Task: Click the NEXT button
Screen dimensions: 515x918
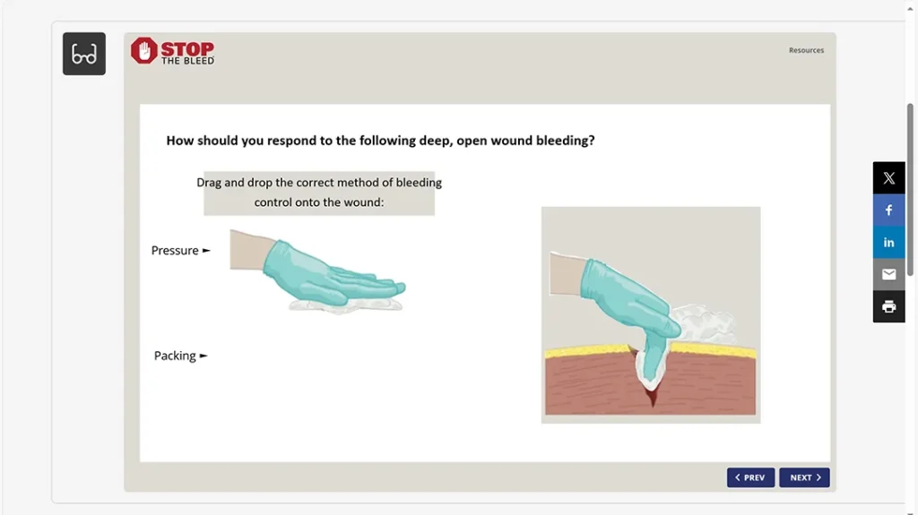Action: click(804, 477)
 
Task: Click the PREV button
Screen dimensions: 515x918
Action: click(750, 477)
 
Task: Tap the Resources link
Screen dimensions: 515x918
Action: click(806, 50)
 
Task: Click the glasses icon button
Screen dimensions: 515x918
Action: click(84, 54)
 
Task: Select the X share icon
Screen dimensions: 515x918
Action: click(888, 178)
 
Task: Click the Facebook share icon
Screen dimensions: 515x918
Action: click(888, 210)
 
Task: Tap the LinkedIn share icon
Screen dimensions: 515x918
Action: click(888, 242)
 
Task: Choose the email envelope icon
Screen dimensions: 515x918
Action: click(888, 274)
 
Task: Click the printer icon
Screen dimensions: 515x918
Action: click(888, 306)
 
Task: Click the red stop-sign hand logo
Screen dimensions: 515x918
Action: click(143, 51)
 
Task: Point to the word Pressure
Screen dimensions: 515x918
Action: click(175, 251)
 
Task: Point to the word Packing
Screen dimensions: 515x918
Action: click(175, 356)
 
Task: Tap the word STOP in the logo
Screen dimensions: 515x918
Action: click(187, 47)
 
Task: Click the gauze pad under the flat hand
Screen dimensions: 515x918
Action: click(346, 305)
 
